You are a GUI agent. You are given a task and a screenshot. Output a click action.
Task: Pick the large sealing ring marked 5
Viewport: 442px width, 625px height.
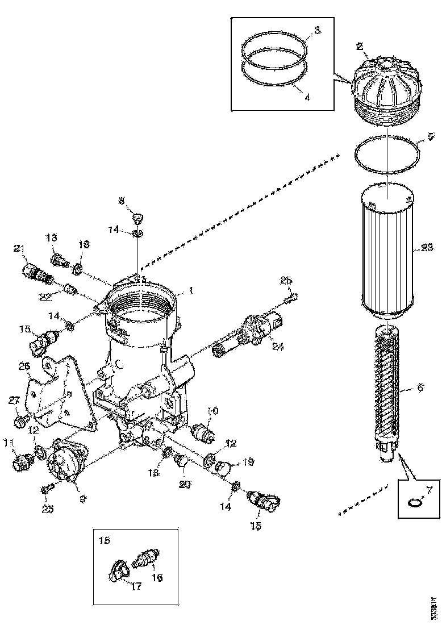click(387, 155)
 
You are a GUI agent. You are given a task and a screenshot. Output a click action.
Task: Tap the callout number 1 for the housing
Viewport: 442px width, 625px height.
click(191, 290)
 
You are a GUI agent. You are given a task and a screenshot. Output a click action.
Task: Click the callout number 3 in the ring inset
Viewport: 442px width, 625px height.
click(317, 31)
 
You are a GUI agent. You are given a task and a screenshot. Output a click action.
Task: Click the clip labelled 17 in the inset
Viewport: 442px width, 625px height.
click(117, 570)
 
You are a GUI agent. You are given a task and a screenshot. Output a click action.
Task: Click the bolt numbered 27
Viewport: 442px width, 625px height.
click(20, 421)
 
